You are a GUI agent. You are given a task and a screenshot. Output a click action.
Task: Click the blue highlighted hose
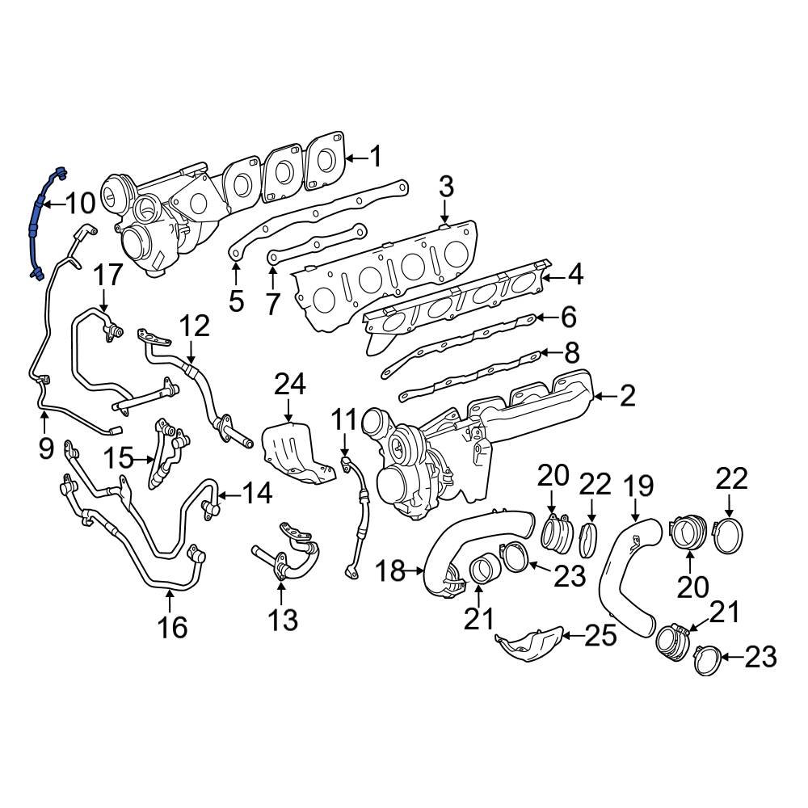(x=36, y=222)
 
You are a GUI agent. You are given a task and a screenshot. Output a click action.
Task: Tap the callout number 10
(x=80, y=204)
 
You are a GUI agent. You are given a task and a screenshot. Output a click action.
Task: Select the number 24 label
(x=289, y=385)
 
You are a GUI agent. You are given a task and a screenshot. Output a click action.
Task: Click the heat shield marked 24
(x=296, y=452)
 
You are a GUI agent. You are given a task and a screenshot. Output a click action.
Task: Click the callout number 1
(x=375, y=156)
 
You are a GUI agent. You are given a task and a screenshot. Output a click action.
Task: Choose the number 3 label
(x=446, y=187)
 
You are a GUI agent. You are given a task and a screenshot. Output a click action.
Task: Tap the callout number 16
(x=172, y=627)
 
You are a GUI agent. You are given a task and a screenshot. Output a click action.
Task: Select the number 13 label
(x=282, y=621)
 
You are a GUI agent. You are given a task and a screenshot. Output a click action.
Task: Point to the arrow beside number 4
(x=553, y=276)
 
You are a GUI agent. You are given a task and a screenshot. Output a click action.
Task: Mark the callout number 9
(x=45, y=445)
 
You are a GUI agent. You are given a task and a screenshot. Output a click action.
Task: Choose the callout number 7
(x=272, y=304)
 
